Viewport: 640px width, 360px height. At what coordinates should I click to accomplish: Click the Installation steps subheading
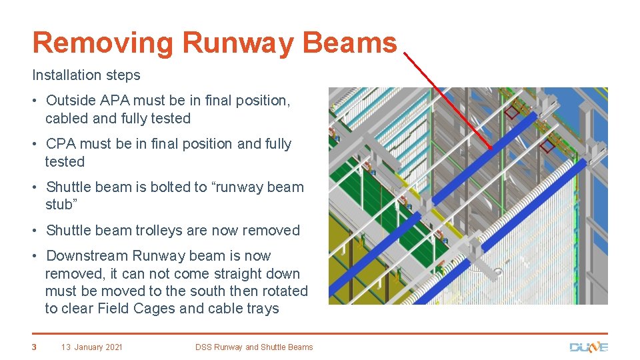point(86,75)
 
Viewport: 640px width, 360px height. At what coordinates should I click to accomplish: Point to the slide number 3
point(35,347)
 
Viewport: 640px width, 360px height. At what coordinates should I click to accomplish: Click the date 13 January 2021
point(92,347)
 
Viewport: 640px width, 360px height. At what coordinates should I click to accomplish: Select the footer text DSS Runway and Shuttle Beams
point(254,347)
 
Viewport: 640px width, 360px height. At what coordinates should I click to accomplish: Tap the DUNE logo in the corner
point(588,347)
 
